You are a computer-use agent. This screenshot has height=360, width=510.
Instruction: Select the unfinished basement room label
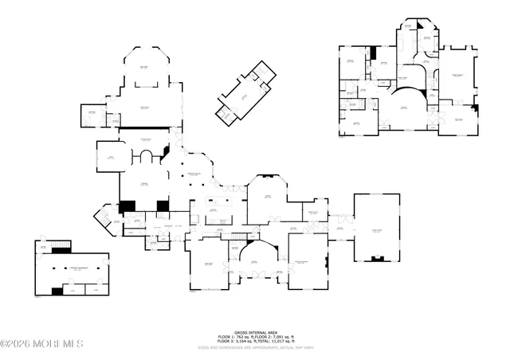(x=76, y=268)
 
